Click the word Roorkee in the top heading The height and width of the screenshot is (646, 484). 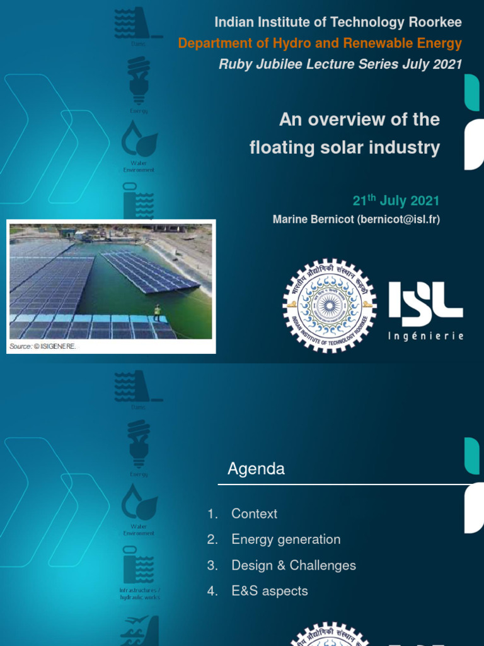(435, 23)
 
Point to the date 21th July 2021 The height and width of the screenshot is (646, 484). (396, 201)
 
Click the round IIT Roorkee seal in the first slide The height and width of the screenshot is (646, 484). (329, 306)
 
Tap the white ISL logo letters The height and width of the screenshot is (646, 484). (425, 299)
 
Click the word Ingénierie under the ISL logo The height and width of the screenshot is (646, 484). (425, 336)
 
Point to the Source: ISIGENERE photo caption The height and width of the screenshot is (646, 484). (42, 347)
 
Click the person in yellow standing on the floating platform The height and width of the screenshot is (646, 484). (156, 312)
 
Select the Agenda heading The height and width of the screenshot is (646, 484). (256, 469)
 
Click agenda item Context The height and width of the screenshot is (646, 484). (254, 514)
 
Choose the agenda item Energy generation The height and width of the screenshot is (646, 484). (285, 539)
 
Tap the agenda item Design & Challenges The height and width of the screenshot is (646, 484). (293, 565)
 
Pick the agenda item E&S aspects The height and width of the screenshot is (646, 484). (269, 591)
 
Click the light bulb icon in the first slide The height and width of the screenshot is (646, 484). (139, 79)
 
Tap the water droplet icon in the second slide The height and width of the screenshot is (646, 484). (139, 502)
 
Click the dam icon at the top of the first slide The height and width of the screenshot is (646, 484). (137, 23)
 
